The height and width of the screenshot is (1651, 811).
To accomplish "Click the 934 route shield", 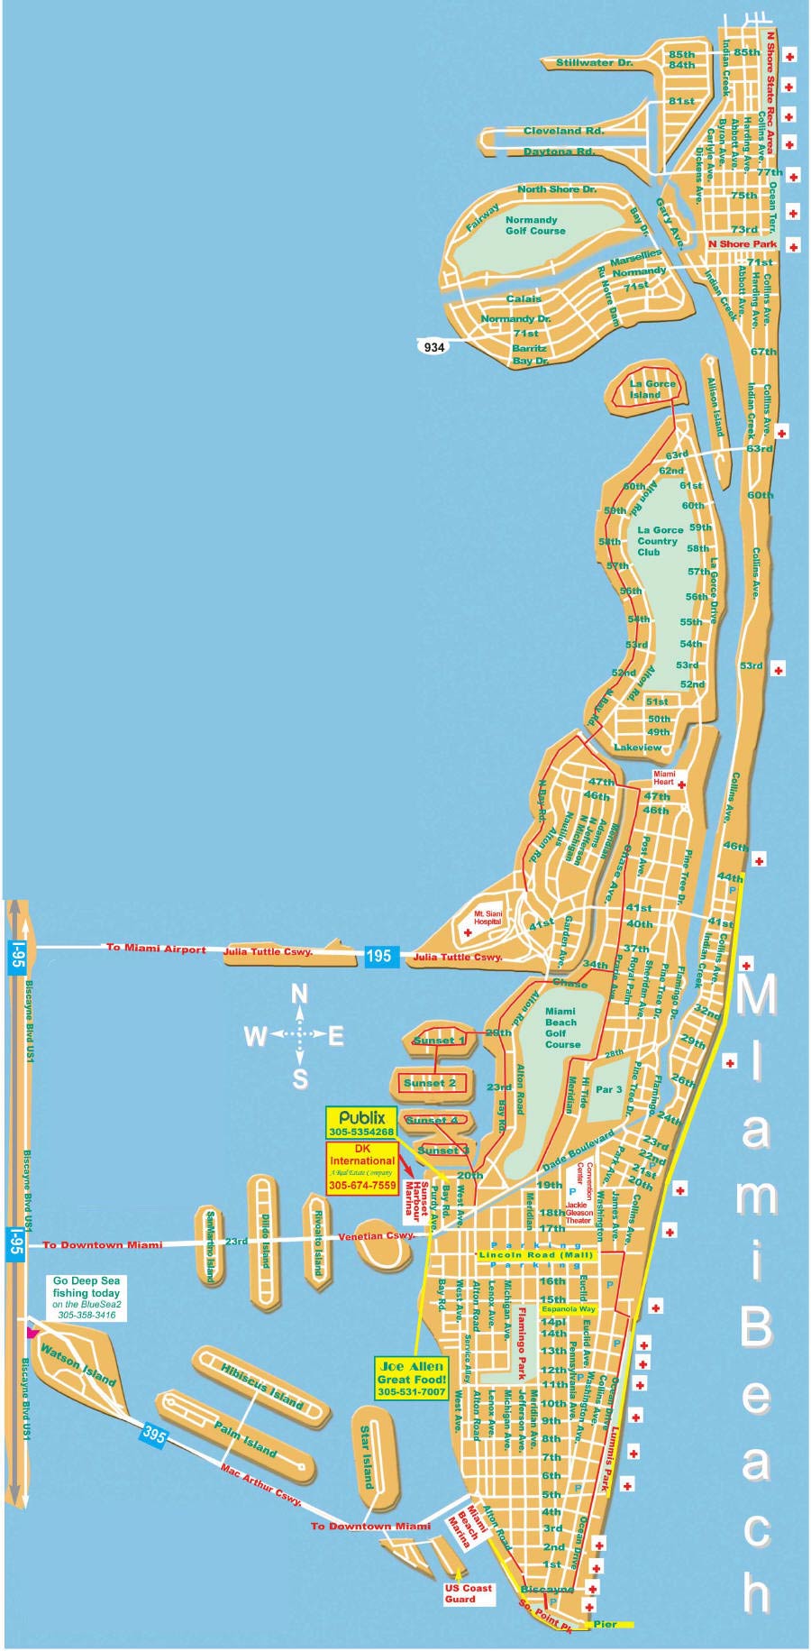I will [433, 346].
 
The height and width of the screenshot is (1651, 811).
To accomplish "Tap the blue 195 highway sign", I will [378, 955].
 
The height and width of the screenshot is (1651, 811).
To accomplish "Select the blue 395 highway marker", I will [154, 1435].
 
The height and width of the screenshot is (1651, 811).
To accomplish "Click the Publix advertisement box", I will [361, 1124].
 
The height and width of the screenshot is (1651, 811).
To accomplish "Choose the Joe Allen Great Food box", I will [412, 1379].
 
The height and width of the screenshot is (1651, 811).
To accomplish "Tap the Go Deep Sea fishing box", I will [87, 1298].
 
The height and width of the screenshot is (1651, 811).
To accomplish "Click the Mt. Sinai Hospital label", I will [487, 918].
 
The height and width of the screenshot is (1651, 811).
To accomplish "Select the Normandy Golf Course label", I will [534, 225].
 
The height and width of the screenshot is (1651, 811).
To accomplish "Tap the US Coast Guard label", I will [469, 1593].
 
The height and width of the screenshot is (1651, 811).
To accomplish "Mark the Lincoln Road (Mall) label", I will [536, 1254].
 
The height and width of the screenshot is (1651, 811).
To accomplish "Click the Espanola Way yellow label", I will [569, 1308].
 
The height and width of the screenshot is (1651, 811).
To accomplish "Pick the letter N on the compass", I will [299, 994].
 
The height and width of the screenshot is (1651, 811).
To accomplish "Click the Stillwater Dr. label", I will [594, 63].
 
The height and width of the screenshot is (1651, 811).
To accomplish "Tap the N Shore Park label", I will [742, 243].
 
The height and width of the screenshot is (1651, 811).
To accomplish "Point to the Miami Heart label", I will [664, 778].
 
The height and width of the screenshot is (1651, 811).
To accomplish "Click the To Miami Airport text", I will [156, 948].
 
